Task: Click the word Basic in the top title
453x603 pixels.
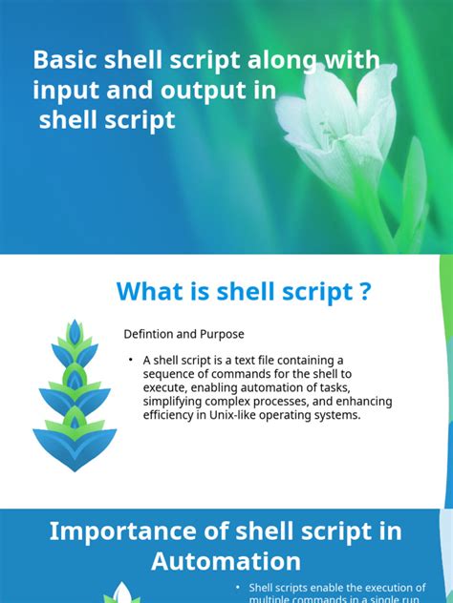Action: pos(62,60)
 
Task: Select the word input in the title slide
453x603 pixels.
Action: pos(66,91)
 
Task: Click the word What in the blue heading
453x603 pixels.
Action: pos(152,291)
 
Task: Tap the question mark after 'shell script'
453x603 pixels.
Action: pos(365,291)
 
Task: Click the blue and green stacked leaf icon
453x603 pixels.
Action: pos(75,395)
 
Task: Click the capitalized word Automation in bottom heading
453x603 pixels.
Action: pos(226,561)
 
